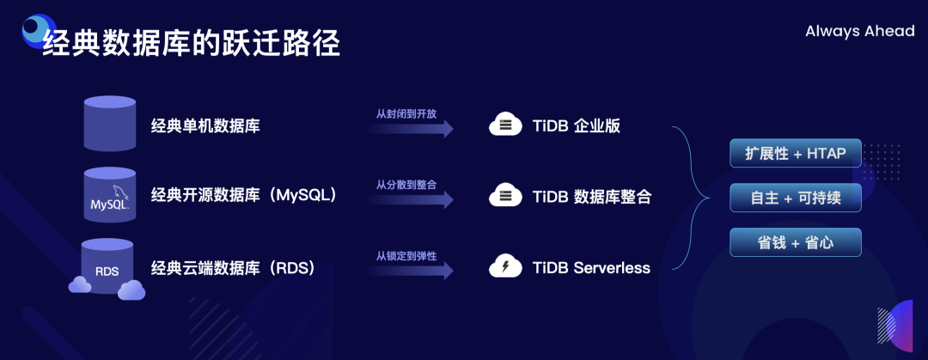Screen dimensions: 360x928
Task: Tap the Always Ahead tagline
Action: click(859, 32)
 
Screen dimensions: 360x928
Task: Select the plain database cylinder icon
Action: click(109, 124)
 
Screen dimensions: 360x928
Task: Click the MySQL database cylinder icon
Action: click(109, 194)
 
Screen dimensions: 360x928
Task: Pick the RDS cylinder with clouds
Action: click(107, 268)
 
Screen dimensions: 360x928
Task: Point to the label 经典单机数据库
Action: click(205, 125)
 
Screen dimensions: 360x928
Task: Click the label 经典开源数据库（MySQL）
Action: click(243, 195)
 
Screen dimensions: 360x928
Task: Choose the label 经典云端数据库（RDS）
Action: click(233, 267)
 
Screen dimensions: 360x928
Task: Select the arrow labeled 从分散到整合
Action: click(412, 199)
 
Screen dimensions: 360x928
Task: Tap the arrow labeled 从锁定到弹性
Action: click(412, 271)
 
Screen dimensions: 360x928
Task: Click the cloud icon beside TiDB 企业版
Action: click(505, 125)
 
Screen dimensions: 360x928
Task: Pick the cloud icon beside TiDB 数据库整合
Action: click(505, 196)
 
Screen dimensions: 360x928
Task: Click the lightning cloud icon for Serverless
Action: click(505, 267)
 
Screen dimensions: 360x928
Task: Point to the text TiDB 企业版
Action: click(576, 125)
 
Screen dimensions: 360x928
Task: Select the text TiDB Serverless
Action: click(591, 267)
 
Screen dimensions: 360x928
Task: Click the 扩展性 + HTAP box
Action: click(795, 154)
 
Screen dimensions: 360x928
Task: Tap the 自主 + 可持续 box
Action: click(795, 198)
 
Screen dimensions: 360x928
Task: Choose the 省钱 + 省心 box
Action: click(795, 243)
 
